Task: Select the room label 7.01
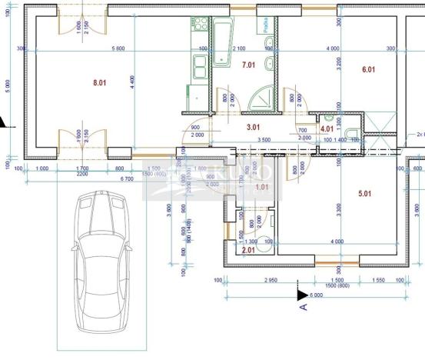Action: coord(249,66)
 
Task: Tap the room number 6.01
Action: coord(368,70)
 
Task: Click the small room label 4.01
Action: coord(327,130)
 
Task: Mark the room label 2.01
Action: coord(248,249)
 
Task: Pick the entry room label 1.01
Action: coord(262,186)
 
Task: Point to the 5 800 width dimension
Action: coord(118,48)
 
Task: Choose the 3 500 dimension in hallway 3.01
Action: coord(264,140)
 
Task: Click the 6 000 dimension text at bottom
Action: coord(317,295)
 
